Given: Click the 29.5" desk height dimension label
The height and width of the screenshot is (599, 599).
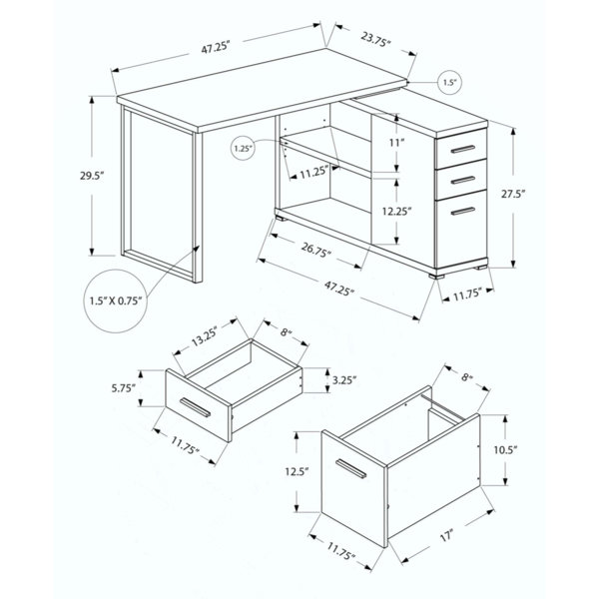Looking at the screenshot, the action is click(92, 176).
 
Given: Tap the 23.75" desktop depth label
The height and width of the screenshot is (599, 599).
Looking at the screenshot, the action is click(376, 39).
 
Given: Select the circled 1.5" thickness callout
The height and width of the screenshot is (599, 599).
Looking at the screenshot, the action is click(449, 82).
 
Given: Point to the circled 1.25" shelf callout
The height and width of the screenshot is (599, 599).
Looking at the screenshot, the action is click(243, 148).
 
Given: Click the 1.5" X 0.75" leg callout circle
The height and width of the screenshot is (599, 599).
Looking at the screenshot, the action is click(116, 300).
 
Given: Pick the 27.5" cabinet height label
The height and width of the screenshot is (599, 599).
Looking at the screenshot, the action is click(513, 194).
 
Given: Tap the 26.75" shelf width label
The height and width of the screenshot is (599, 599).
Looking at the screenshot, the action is click(315, 251).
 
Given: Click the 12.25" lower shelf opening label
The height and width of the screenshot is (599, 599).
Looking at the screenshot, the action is click(397, 211).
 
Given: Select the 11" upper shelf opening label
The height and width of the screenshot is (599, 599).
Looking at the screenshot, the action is click(396, 143).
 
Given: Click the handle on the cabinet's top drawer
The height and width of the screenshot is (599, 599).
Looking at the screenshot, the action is click(462, 149).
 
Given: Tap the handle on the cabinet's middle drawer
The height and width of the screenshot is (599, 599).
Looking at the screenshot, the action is click(462, 180).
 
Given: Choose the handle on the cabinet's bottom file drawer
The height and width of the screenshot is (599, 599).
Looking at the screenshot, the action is click(462, 211).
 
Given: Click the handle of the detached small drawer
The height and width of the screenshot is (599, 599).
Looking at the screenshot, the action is click(195, 407).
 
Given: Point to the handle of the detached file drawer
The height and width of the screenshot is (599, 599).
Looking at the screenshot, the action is click(350, 469).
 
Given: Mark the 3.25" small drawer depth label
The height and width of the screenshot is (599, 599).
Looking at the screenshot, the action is click(344, 380).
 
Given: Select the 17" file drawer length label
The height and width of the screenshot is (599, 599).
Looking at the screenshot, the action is click(446, 535).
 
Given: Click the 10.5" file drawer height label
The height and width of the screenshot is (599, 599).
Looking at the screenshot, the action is click(504, 450).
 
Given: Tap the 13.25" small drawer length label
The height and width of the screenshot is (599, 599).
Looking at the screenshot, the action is click(205, 336).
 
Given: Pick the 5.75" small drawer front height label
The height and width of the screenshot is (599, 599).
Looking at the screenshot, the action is click(124, 388).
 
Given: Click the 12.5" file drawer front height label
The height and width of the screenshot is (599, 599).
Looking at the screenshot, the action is click(297, 471).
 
